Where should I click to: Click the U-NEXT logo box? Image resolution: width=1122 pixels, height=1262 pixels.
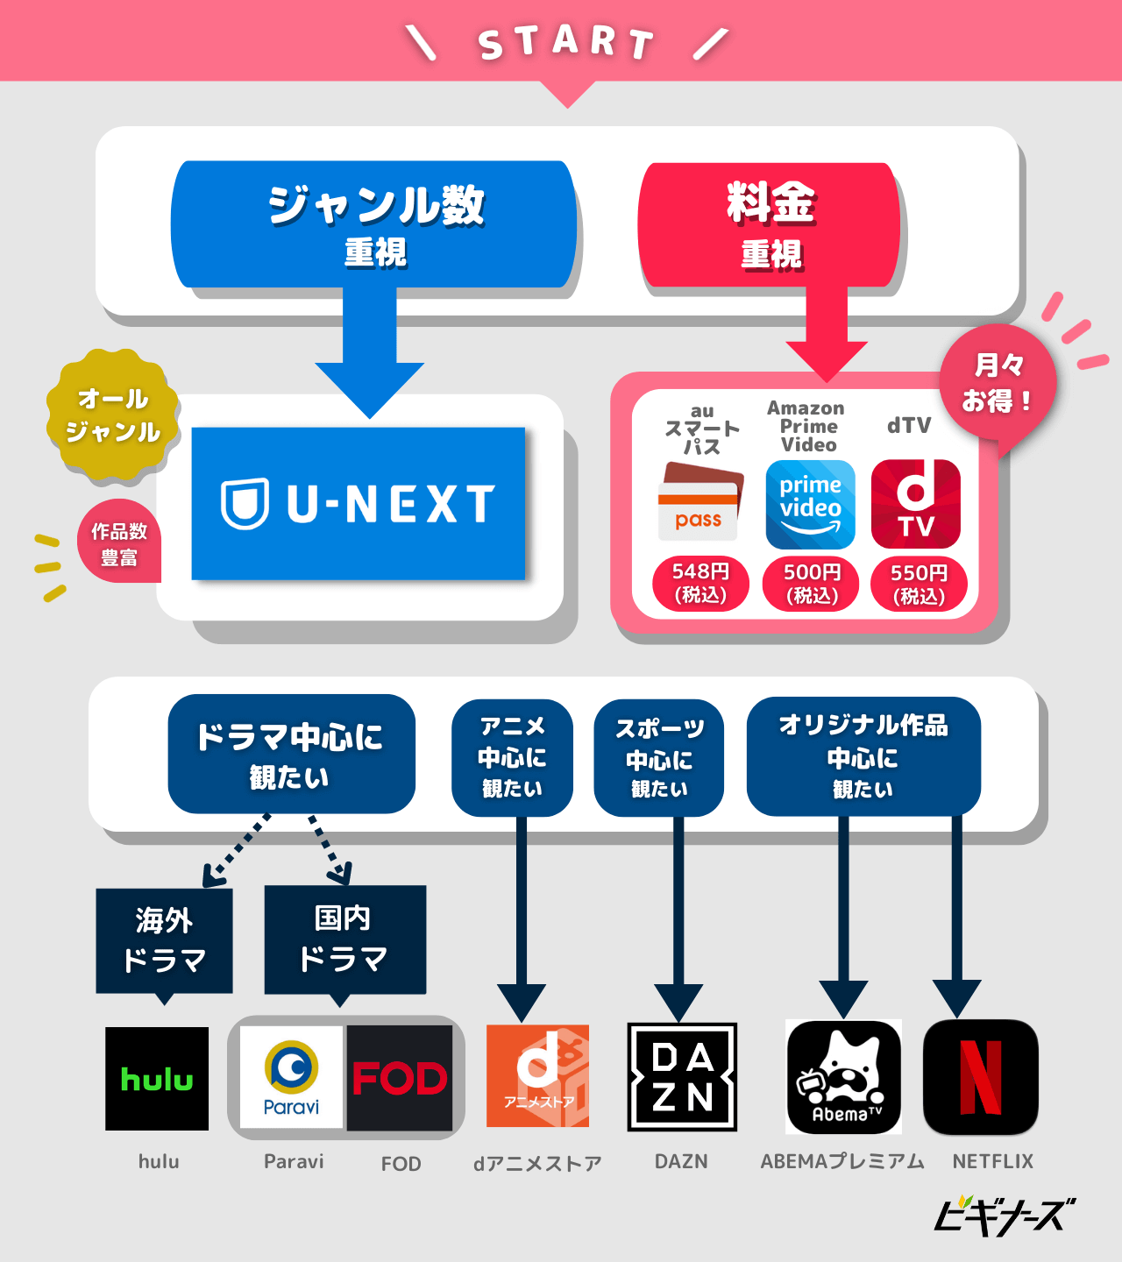(x=358, y=503)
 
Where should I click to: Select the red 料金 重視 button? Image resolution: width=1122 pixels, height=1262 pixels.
(x=770, y=225)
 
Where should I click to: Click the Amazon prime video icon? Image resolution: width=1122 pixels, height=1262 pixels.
(x=810, y=505)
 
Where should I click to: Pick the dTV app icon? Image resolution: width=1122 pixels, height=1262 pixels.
(x=915, y=505)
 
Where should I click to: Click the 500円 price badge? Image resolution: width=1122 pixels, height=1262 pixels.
(x=812, y=583)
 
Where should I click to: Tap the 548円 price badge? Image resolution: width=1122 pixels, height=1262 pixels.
(x=700, y=583)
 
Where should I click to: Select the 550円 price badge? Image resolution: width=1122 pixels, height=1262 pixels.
(x=919, y=584)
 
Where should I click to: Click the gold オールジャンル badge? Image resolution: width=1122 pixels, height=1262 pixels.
(x=113, y=415)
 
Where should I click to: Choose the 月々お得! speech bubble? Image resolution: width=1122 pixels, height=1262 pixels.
(x=998, y=383)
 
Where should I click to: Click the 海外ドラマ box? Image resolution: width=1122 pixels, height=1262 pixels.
(x=164, y=940)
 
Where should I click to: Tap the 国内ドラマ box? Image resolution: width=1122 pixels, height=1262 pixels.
(x=344, y=939)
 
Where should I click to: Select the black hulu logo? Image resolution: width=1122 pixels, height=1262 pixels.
(x=157, y=1079)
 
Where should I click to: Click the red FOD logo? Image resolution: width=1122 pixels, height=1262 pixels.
(x=400, y=1078)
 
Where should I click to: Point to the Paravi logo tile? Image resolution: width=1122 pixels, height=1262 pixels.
(x=291, y=1078)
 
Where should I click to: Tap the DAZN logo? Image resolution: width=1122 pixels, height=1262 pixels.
(x=682, y=1077)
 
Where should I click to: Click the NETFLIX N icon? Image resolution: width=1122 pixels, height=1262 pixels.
(x=980, y=1077)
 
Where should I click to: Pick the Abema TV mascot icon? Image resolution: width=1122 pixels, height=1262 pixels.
(x=843, y=1077)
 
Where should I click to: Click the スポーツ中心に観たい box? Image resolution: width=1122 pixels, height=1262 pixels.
(x=658, y=758)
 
